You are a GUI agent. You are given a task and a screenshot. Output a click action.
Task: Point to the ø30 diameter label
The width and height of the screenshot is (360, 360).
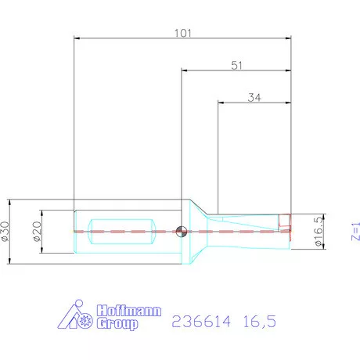click(9, 231)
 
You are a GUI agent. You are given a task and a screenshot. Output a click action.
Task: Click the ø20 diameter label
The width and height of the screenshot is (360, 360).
click(37, 232)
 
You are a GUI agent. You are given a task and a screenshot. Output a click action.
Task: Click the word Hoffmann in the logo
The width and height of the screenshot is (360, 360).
click(128, 311)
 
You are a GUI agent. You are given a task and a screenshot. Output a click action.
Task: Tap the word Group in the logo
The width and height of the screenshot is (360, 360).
click(117, 323)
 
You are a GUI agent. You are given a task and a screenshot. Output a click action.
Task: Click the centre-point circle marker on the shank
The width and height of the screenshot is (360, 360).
click(181, 231)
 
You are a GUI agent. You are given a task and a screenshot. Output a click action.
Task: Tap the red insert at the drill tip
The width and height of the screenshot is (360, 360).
click(286, 223)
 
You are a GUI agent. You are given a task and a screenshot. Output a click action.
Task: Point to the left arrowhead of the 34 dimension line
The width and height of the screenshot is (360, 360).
click(220, 103)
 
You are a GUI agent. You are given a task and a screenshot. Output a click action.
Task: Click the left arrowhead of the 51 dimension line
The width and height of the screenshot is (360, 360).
click(184, 71)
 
